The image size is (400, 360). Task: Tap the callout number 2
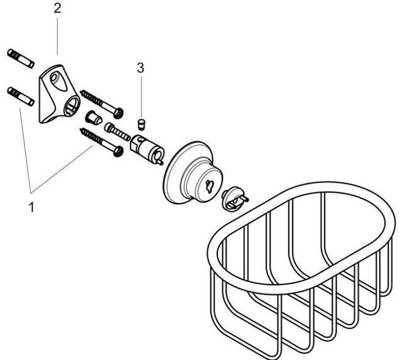pyautogui.click(x=57, y=9)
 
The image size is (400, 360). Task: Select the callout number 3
pyautogui.click(x=141, y=67)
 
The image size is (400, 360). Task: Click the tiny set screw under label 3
pyautogui.click(x=141, y=121)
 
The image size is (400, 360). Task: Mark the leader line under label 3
pyautogui.click(x=141, y=94)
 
